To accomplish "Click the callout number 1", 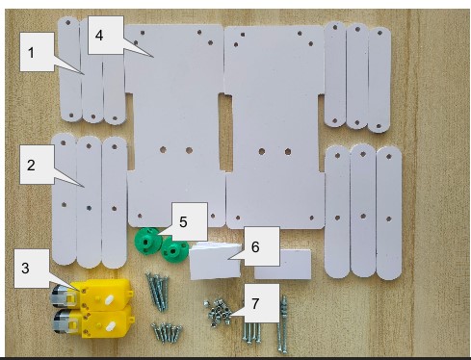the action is (x=31, y=53).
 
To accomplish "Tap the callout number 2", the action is (x=31, y=165).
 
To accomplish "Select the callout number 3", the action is (x=25, y=268).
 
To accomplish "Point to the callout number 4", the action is (x=99, y=35).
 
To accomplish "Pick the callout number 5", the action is (x=183, y=222).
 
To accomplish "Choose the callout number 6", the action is (x=255, y=246).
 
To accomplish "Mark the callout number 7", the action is (x=255, y=303).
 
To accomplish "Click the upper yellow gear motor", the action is (x=92, y=296).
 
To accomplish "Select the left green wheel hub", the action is (x=146, y=240).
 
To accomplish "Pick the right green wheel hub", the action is (x=174, y=250).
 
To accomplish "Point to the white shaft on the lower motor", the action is (x=109, y=327).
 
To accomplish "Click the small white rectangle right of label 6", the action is (x=283, y=264).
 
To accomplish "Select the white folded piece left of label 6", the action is (x=215, y=261).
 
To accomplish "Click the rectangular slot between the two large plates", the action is (x=225, y=132).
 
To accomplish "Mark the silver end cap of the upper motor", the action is (x=58, y=295).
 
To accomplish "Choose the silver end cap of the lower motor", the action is (x=60, y=321).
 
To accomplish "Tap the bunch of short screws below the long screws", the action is (x=167, y=332).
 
